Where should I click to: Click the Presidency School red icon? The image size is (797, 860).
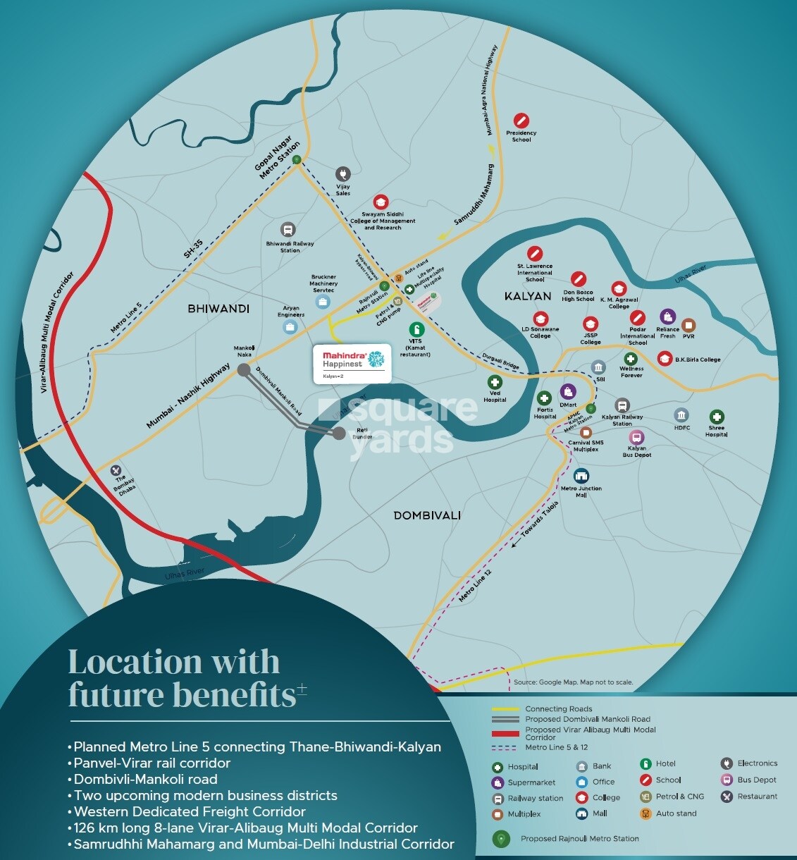pyautogui.click(x=521, y=120)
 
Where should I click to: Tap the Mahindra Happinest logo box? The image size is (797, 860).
pyautogui.click(x=352, y=364)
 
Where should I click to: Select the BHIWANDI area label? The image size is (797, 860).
pyautogui.click(x=218, y=309)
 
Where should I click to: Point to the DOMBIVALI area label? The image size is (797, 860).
pyautogui.click(x=427, y=515)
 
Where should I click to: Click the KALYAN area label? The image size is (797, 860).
pyautogui.click(x=528, y=296)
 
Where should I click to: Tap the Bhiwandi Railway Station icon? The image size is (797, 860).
pyautogui.click(x=288, y=230)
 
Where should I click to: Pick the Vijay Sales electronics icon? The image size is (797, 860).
pyautogui.click(x=343, y=173)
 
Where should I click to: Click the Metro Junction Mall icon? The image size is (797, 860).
pyautogui.click(x=581, y=476)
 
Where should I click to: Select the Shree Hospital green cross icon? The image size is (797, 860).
pyautogui.click(x=716, y=417)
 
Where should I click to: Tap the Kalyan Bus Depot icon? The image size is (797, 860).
pyautogui.click(x=636, y=437)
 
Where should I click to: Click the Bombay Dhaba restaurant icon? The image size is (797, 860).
pyautogui.click(x=116, y=470)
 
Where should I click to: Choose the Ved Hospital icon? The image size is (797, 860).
pyautogui.click(x=495, y=382)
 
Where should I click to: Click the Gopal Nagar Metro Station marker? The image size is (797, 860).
pyautogui.click(x=297, y=159)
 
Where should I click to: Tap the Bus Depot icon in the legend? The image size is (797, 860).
pyautogui.click(x=727, y=780)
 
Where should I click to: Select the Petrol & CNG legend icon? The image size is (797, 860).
pyautogui.click(x=645, y=797)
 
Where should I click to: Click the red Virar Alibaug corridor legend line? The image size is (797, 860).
pyautogui.click(x=505, y=734)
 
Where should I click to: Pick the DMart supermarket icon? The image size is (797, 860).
pyautogui.click(x=568, y=391)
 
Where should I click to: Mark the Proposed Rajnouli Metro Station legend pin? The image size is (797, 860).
pyautogui.click(x=500, y=839)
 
